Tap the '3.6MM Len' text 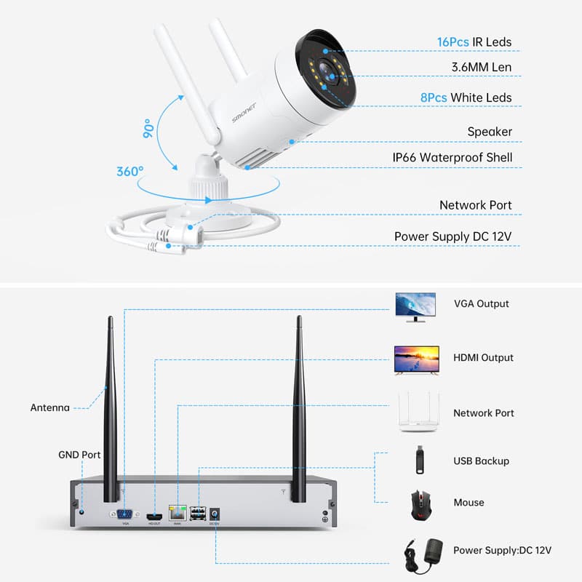[x=482, y=68]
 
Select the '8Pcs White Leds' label [x=475, y=97]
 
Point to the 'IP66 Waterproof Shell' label [x=453, y=158]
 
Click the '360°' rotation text [x=130, y=172]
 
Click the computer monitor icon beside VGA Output [x=415, y=306]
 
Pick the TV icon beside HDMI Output [x=416, y=360]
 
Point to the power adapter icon [x=418, y=551]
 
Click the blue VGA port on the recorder [x=125, y=514]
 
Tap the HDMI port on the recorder [x=155, y=514]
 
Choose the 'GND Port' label [x=79, y=455]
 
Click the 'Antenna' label [x=49, y=407]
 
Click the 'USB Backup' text [x=481, y=461]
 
